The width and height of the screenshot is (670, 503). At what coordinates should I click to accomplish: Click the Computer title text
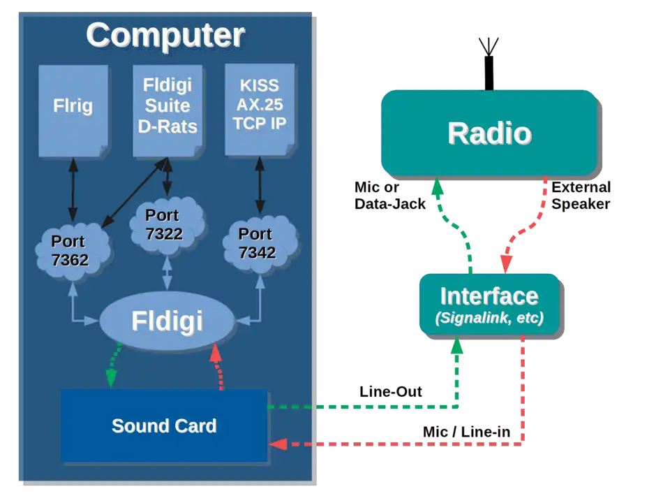[165, 35]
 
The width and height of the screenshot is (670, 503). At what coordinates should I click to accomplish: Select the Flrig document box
[73, 108]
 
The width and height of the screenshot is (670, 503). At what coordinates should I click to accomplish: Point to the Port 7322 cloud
[165, 224]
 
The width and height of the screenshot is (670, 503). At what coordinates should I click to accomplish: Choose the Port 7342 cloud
[258, 243]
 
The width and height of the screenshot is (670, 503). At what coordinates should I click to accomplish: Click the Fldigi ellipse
[167, 321]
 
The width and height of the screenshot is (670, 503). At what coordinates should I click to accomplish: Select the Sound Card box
[164, 425]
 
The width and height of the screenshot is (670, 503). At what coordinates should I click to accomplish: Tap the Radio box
[489, 133]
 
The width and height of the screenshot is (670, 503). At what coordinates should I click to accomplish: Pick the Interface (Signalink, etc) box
[489, 305]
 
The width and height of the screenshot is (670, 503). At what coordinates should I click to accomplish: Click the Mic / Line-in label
[466, 432]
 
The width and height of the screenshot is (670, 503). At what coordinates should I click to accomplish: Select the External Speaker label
[581, 196]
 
